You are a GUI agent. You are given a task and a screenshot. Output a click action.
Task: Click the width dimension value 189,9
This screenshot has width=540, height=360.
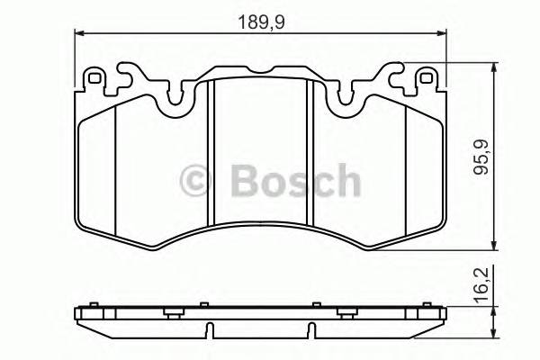261,22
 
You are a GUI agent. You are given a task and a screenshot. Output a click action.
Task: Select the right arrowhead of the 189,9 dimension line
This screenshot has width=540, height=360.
442,34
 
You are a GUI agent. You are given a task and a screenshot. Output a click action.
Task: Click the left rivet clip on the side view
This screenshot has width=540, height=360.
170,313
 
